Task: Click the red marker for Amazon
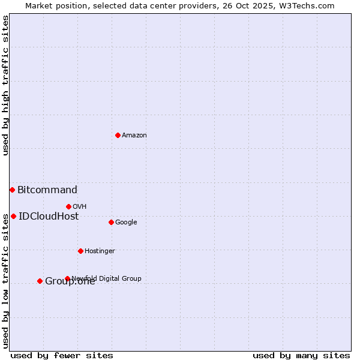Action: tap(118, 135)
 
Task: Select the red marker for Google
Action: tap(111, 222)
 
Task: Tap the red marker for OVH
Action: tap(68, 206)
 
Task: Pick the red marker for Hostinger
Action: tap(80, 251)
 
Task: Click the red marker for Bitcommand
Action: tap(12, 190)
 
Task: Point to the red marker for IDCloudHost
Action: tap(13, 216)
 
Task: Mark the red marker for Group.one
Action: tap(40, 281)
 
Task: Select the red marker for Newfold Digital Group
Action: tap(67, 278)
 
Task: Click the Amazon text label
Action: tap(134, 136)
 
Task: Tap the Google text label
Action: tap(126, 223)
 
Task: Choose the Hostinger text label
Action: tap(100, 251)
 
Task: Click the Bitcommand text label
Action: tap(47, 190)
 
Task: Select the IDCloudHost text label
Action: tap(49, 217)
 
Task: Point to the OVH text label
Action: tap(80, 207)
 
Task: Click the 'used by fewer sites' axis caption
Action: tap(62, 355)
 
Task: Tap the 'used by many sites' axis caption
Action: tap(301, 355)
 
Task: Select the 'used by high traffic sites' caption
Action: tap(5, 85)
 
